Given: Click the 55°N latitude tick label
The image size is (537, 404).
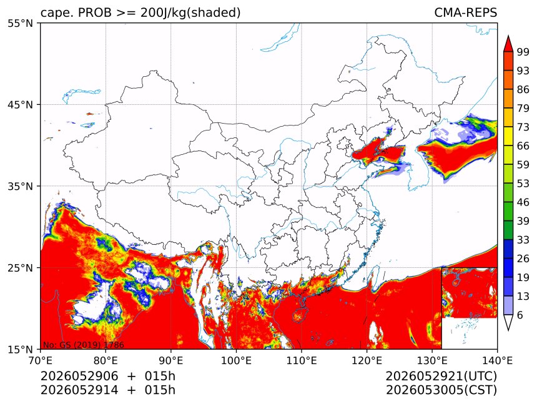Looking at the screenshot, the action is coord(21,23).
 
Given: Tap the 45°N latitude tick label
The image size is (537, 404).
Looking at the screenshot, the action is coord(21,104).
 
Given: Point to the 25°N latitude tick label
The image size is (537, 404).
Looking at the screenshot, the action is coord(21,267).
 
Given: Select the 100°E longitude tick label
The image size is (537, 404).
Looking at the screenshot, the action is coord(236,360).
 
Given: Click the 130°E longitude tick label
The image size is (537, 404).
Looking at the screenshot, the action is coord(432,360).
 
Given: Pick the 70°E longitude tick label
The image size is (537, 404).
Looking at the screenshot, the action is coord(41,360).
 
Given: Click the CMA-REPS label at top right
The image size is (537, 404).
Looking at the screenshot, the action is coord(465,12).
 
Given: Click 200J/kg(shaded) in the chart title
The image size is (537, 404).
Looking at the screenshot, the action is coord(190,13).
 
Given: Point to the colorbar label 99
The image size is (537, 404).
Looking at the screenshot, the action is coord(523,52).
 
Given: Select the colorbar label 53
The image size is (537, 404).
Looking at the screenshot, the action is coord(523,184).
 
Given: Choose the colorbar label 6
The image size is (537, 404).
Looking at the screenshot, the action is coord(520,315).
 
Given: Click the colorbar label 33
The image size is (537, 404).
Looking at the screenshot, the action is coord(523,240).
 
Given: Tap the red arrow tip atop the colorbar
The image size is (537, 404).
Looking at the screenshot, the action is coord(508,36).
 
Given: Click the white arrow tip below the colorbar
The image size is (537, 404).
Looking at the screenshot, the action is coord(508,329).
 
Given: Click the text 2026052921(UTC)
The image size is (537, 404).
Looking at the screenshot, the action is coord(441,377).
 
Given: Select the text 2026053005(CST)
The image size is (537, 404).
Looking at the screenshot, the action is coord(441,390).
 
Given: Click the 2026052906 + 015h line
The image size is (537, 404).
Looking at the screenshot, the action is coord(108,376).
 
